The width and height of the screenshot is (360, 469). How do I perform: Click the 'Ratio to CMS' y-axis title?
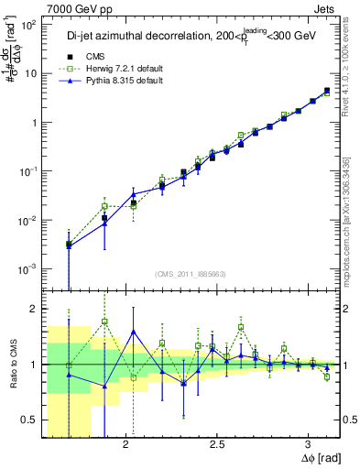coord(12,365)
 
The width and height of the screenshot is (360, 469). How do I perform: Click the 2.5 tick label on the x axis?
coord(217,444)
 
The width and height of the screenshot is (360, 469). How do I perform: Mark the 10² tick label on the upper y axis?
coord(27,26)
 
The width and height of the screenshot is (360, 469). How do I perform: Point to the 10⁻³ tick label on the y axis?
coord(27,268)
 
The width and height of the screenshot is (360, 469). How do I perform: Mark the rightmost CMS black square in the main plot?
coord(327,91)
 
